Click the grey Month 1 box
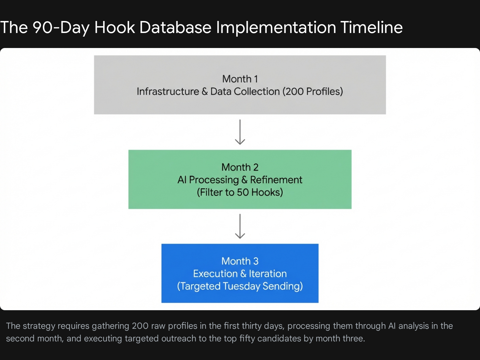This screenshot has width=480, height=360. click(240, 85)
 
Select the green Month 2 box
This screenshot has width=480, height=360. click(240, 179)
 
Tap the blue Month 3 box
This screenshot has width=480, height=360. click(240, 273)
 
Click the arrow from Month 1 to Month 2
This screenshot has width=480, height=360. click(240, 132)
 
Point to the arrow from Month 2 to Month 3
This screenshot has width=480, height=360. click(240, 226)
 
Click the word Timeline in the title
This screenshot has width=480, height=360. click(371, 27)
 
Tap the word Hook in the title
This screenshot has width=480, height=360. click(114, 27)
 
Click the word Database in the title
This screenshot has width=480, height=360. click(175, 27)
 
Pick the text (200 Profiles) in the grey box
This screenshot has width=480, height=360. click(313, 91)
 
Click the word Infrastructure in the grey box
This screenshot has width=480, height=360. click(168, 91)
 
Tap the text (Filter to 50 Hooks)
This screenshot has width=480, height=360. click(240, 192)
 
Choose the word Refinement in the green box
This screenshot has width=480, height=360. click(276, 180)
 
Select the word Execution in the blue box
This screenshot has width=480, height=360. click(215, 274)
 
